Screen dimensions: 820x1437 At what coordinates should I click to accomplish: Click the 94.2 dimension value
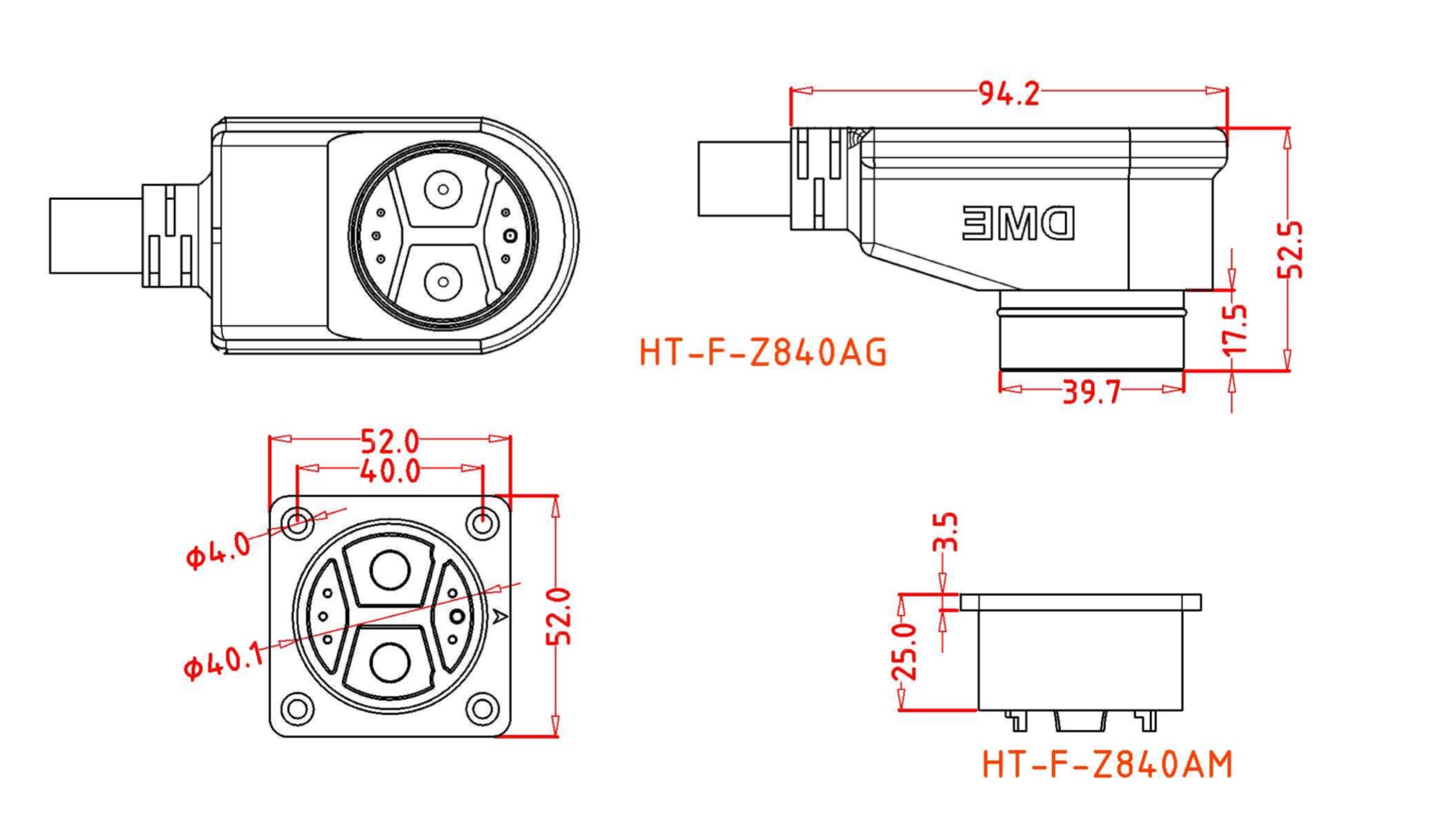(x=1008, y=94)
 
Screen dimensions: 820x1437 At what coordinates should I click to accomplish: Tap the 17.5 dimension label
(x=1235, y=329)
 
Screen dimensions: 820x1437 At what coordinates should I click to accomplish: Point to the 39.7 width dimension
(x=1091, y=393)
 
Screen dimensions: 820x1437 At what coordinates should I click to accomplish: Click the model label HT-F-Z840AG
(x=762, y=353)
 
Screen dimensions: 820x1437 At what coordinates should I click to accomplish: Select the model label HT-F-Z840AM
(x=1107, y=765)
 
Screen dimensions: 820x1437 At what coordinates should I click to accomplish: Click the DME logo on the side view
(x=1018, y=224)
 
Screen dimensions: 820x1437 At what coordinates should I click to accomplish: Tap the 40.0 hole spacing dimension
(x=390, y=471)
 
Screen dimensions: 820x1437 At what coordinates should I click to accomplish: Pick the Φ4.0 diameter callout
(x=218, y=551)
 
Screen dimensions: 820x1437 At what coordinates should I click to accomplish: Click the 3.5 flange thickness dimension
(x=945, y=532)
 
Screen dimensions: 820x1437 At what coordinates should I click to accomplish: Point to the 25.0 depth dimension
(x=905, y=652)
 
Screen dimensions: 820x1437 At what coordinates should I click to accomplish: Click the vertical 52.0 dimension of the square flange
(x=559, y=616)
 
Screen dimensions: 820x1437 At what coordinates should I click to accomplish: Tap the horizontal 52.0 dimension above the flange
(x=389, y=440)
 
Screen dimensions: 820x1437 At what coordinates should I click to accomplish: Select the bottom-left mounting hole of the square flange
(x=297, y=709)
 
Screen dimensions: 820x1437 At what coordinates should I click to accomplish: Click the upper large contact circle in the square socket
(x=391, y=570)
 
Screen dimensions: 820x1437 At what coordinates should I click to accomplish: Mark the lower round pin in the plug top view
(x=443, y=282)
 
